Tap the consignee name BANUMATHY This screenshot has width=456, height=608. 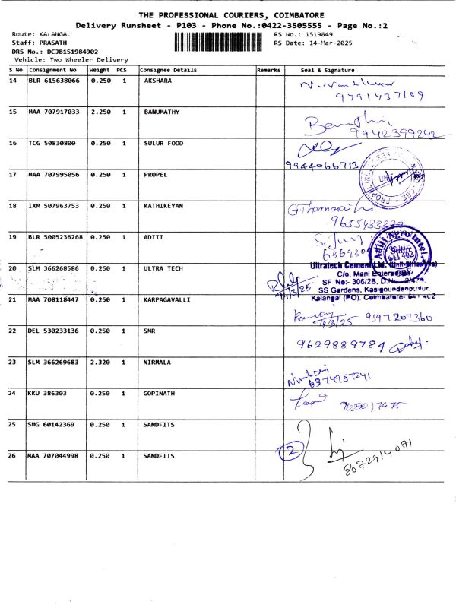point(162,112)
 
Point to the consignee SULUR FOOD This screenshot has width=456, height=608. point(163,143)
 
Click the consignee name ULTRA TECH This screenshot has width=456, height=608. point(162,268)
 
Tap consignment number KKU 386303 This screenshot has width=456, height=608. point(47,393)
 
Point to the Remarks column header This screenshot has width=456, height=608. point(268,70)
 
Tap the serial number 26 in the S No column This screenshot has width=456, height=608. point(13,455)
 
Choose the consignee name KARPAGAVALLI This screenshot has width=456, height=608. point(168,299)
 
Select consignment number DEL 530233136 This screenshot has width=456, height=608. point(53,331)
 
